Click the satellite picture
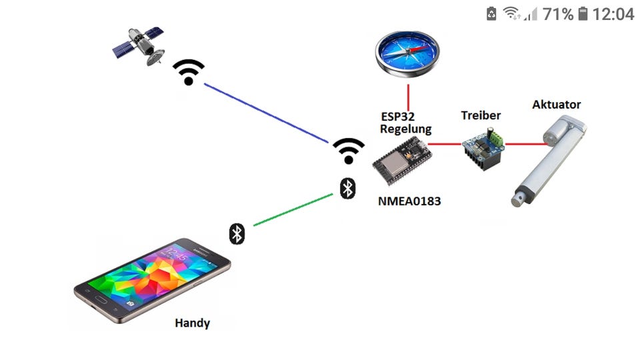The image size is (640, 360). [x=139, y=45]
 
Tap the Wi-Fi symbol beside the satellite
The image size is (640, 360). [x=189, y=72]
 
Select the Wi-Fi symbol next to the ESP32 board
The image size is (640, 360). [x=349, y=151]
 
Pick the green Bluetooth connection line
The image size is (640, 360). [x=293, y=209]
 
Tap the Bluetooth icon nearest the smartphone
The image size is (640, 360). [x=237, y=233]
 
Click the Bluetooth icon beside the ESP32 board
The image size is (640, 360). [x=347, y=188]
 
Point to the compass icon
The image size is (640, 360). [x=407, y=51]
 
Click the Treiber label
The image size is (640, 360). [x=481, y=115]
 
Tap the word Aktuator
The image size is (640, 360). [x=556, y=104]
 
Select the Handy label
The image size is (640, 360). [x=192, y=323]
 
